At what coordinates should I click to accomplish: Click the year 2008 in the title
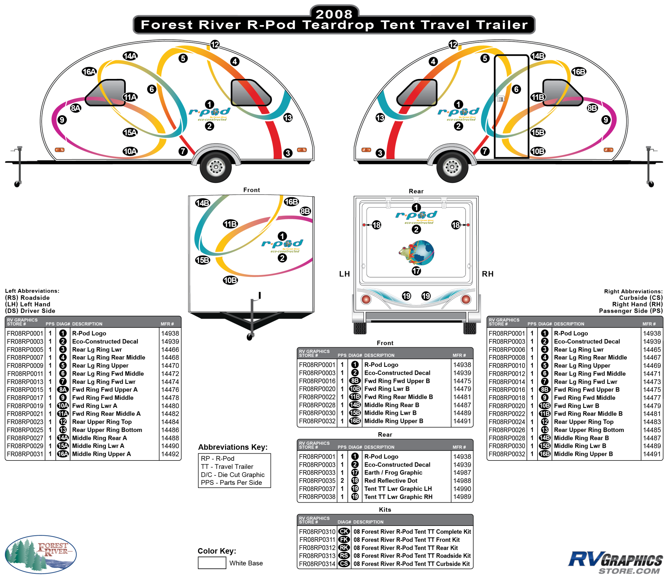(334, 14)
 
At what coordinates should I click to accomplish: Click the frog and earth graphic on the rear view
(417, 252)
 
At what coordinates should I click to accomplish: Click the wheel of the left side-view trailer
(216, 167)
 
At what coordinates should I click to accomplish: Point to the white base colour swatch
(212, 562)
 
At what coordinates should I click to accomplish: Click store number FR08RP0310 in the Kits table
(317, 531)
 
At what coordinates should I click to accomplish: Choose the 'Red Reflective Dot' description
(391, 480)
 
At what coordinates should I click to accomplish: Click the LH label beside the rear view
(344, 274)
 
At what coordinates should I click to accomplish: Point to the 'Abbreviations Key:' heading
(233, 447)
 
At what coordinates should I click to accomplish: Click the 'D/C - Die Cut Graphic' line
(232, 474)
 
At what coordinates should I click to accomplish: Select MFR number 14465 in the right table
(651, 349)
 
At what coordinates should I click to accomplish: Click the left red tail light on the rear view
(366, 299)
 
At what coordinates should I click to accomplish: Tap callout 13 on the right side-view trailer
(380, 118)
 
